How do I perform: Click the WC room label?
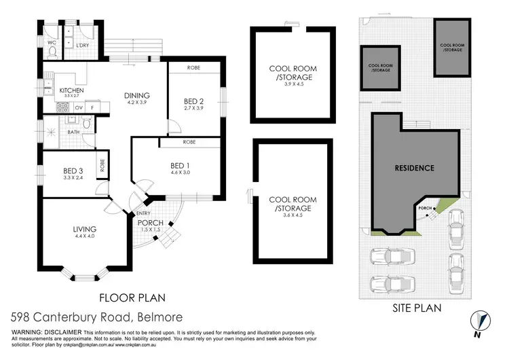click(52, 42)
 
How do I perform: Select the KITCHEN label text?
click(71, 90)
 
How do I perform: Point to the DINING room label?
click(137, 95)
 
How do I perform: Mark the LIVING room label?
click(85, 230)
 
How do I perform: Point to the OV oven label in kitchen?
click(79, 107)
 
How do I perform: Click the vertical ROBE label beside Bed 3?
click(102, 167)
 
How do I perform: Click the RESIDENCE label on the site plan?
click(415, 166)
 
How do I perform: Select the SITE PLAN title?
click(417, 308)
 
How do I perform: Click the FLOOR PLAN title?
click(133, 297)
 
